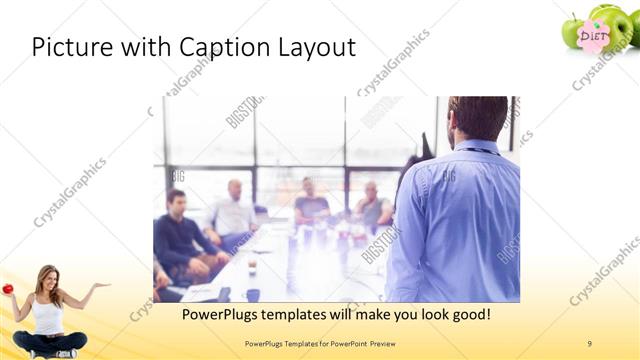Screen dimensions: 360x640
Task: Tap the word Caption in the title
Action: pos(216,47)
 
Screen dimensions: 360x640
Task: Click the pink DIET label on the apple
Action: pos(594,36)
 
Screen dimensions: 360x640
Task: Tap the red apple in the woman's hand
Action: pos(7,289)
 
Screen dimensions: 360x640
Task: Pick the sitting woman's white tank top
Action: pos(47,315)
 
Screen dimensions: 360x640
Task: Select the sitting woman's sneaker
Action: pos(65,353)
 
